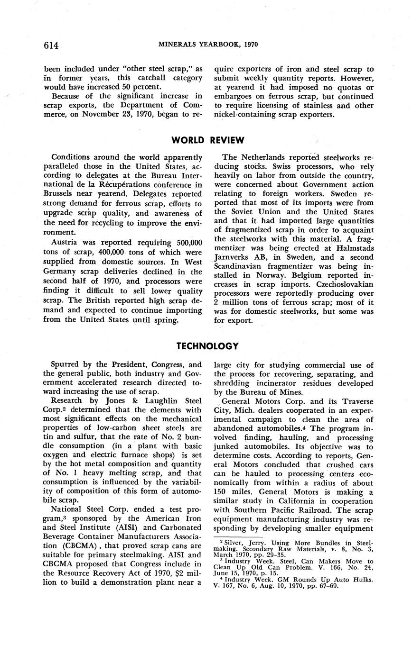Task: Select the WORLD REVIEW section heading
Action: click(208, 140)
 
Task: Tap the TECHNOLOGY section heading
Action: click(207, 346)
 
